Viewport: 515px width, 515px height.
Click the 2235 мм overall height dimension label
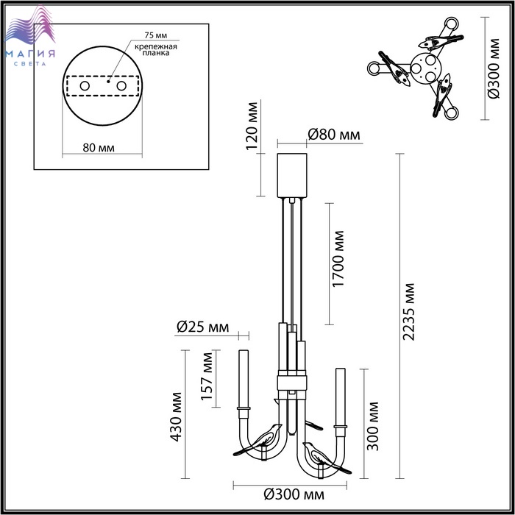click(409, 311)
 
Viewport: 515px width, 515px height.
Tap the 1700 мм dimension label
click(338, 259)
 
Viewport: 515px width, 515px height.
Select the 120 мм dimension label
click(252, 126)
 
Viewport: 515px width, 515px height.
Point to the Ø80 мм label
click(334, 135)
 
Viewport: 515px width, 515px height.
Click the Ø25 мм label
click(202, 327)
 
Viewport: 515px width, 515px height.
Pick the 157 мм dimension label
click(207, 376)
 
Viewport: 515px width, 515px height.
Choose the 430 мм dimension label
click(176, 416)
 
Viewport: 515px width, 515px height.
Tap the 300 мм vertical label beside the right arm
click(373, 426)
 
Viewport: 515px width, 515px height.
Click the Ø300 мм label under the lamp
click(294, 494)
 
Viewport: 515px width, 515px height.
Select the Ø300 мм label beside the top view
click(494, 68)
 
